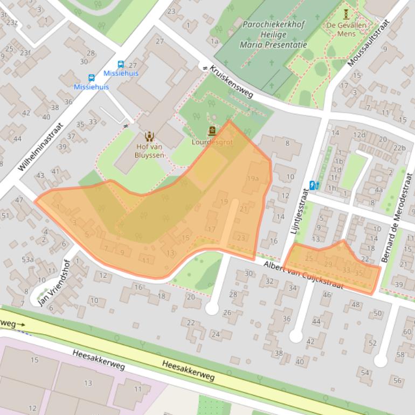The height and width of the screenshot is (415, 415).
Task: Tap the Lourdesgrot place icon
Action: (211, 131)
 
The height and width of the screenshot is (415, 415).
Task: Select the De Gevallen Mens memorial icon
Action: (345, 13)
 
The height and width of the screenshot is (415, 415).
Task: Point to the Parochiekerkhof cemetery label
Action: (274, 34)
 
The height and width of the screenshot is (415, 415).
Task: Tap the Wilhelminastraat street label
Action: (40, 147)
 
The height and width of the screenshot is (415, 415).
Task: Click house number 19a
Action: (253, 178)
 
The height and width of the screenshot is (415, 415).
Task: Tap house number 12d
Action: (359, 135)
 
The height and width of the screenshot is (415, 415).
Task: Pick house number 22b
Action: (399, 148)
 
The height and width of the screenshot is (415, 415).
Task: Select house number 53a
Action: (27, 259)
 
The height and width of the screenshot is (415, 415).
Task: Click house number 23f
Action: (25, 53)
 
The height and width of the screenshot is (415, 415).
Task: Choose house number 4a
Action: (379, 190)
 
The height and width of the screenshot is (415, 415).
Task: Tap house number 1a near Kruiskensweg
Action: (215, 41)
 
